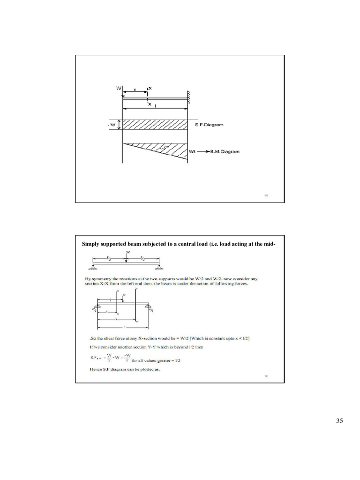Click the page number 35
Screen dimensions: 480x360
[x=339, y=421]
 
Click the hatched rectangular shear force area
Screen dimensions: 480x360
[x=155, y=124]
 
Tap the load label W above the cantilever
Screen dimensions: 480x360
[x=119, y=88]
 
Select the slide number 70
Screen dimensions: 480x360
[x=266, y=376]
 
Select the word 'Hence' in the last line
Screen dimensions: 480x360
[x=96, y=369]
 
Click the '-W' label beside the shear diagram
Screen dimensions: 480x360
[x=112, y=125]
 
